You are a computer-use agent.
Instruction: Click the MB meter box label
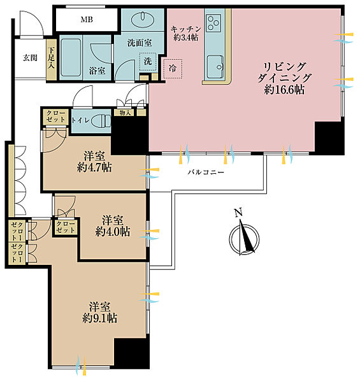point(87,20)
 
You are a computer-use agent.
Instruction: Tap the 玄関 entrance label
point(30,58)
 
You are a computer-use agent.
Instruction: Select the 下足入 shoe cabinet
point(51,59)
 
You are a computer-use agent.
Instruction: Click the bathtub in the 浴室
point(71,57)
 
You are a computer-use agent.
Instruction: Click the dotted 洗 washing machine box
point(148,62)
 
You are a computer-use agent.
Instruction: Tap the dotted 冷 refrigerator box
point(173,69)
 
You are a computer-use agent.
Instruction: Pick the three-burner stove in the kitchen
point(213,22)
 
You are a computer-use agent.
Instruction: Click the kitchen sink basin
point(215,67)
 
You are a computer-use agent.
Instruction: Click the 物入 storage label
point(124,113)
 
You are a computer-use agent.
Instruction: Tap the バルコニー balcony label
point(206,173)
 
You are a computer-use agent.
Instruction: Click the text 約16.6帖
point(284,90)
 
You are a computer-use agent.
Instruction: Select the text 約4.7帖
point(94,167)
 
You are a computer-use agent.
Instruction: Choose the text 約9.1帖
point(99,318)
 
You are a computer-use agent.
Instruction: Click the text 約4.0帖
point(113,232)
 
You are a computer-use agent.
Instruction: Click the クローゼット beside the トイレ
point(56,117)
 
